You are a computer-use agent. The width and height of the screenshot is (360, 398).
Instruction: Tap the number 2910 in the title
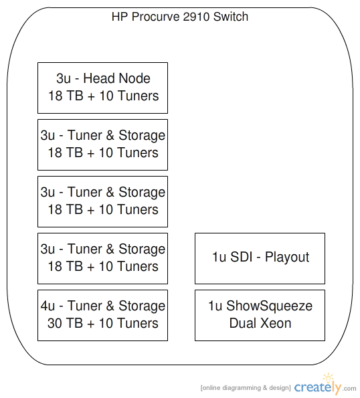pyautogui.click(x=197, y=17)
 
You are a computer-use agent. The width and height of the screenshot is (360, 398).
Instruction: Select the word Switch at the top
pyautogui.click(x=231, y=17)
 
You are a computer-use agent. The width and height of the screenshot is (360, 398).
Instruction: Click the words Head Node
pyautogui.click(x=117, y=78)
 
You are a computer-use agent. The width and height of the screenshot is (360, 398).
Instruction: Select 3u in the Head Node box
pyautogui.click(x=64, y=78)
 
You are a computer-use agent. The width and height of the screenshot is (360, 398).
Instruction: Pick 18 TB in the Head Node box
pyautogui.click(x=66, y=96)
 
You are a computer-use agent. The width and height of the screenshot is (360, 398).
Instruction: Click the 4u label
pyautogui.click(x=48, y=306)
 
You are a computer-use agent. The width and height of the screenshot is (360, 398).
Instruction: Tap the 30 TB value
pyautogui.click(x=66, y=323)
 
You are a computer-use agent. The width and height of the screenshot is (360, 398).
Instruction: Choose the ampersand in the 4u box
pyautogui.click(x=110, y=306)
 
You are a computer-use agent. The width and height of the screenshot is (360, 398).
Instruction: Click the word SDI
pyautogui.click(x=242, y=257)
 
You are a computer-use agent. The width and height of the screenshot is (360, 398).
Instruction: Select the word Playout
pyautogui.click(x=287, y=258)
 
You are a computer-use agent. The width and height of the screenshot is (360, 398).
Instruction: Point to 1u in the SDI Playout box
pyautogui.click(x=219, y=257)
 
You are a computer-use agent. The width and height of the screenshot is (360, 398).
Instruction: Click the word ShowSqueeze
pyautogui.click(x=270, y=306)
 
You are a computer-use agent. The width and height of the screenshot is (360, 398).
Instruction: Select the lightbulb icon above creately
pyautogui.click(x=328, y=378)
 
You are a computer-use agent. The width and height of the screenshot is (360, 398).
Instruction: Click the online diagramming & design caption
pyautogui.click(x=246, y=388)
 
